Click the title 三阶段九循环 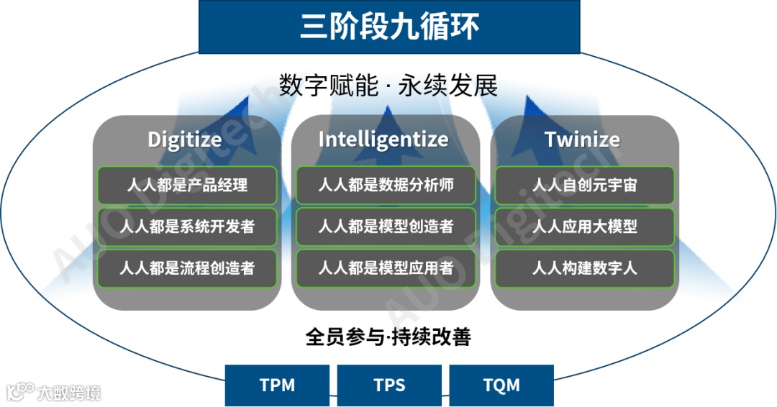(x=388, y=27)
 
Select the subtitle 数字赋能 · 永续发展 (x=388, y=86)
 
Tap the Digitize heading (x=185, y=139)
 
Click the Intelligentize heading (x=383, y=139)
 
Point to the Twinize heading (x=582, y=139)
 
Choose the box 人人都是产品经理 (x=187, y=185)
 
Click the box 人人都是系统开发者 (x=187, y=227)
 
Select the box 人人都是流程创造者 (x=187, y=268)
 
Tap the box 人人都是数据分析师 (x=386, y=185)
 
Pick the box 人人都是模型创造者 (x=386, y=227)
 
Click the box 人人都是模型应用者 (x=386, y=268)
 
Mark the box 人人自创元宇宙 (x=584, y=185)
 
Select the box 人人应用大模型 (x=584, y=227)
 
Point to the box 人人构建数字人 (x=584, y=268)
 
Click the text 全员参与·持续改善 (x=388, y=337)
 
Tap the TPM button (x=277, y=385)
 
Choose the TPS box (x=389, y=385)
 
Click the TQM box (x=501, y=385)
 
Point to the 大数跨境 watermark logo (x=54, y=392)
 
